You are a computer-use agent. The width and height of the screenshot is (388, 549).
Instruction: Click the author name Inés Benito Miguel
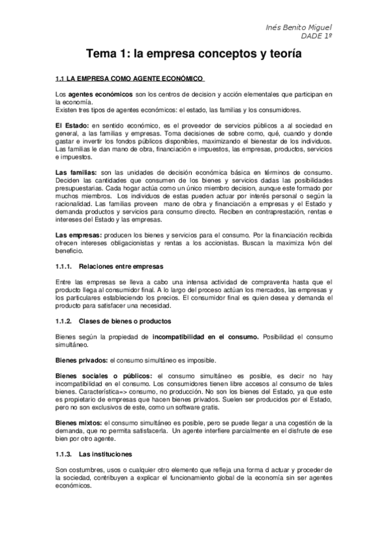299,27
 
